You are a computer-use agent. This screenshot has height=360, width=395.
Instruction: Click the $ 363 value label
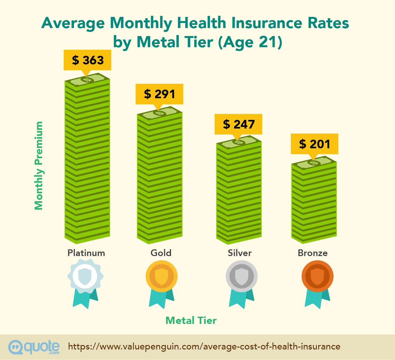point(88,60)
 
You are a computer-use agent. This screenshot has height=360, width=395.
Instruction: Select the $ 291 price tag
point(159,94)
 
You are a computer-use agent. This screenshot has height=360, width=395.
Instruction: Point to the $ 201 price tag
point(314,144)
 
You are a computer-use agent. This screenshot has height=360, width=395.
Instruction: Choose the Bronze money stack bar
point(314,201)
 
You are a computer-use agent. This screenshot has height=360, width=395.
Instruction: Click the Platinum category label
point(86,253)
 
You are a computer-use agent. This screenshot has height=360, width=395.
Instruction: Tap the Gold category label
point(161,253)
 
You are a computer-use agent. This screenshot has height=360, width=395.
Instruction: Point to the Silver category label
point(240,253)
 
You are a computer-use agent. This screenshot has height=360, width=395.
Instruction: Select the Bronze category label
point(312,253)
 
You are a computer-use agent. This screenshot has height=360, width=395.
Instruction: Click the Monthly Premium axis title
point(39,165)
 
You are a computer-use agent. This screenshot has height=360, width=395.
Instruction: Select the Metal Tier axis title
point(191,320)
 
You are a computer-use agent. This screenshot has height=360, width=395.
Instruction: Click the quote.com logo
point(34,347)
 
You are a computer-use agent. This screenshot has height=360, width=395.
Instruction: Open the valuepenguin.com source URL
point(204,347)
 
